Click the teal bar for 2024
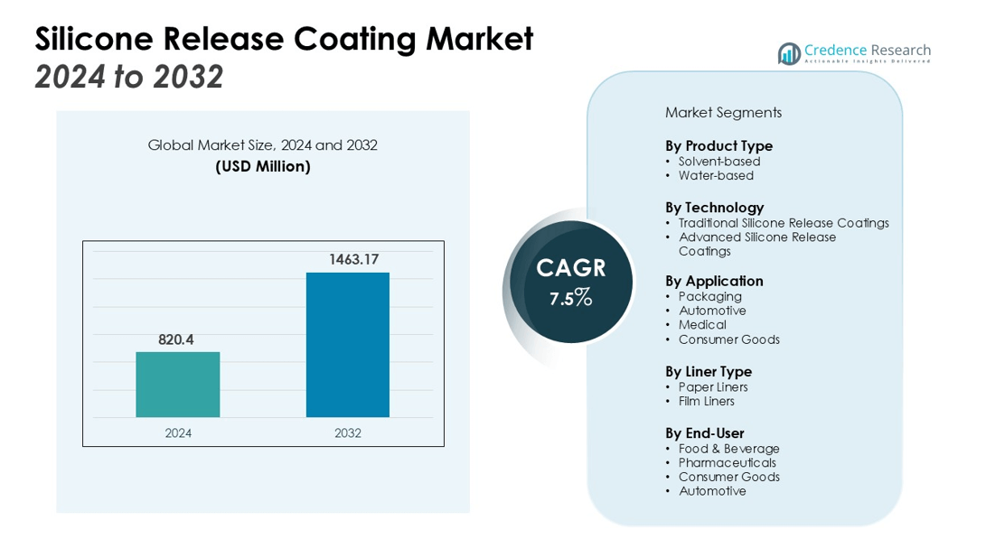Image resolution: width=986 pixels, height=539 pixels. point(178,385)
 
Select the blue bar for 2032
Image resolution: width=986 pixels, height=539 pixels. point(348,345)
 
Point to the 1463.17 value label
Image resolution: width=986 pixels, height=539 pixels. point(348,259)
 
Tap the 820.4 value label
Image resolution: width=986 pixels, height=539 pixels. point(176,339)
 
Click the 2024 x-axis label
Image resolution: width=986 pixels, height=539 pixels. point(178,433)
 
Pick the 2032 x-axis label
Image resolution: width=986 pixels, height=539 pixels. point(348,433)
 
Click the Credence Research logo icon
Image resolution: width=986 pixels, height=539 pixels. point(790,54)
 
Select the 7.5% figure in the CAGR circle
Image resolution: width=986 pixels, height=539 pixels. point(570,299)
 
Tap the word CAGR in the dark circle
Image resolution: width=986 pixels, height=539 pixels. point(570,268)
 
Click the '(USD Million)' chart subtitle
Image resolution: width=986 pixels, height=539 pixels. point(263,166)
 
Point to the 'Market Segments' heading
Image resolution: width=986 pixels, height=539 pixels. point(723,113)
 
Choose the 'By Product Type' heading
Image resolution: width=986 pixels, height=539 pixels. point(718,145)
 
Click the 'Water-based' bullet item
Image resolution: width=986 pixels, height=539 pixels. point(716,176)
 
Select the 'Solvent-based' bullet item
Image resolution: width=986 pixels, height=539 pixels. point(719,162)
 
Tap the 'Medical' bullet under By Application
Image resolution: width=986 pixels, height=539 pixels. point(702,325)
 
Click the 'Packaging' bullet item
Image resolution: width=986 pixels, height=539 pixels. point(710,296)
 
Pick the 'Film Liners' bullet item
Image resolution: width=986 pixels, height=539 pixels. point(707,401)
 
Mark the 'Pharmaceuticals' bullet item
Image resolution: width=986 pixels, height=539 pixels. point(728,462)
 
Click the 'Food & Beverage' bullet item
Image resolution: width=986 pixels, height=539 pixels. point(728,449)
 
